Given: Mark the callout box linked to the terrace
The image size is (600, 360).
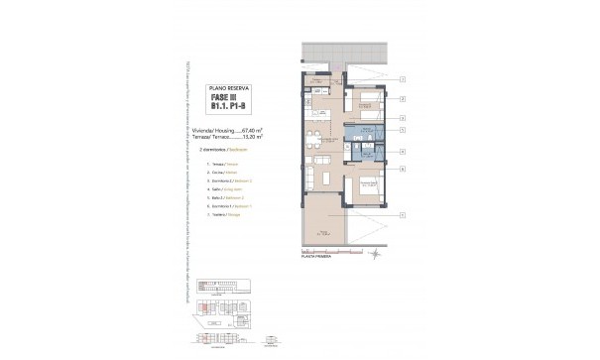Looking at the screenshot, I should coord(403,214).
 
